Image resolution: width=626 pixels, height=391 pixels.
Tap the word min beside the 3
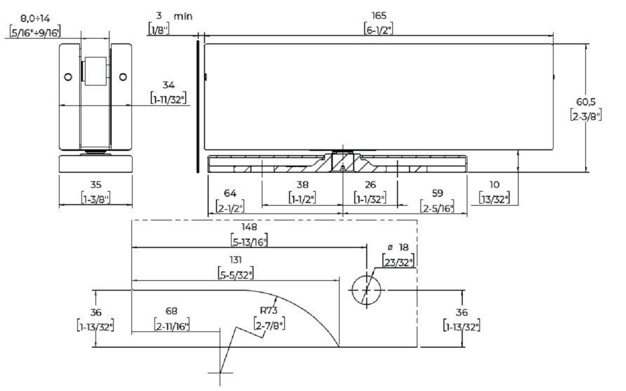pyautogui.click(x=183, y=16)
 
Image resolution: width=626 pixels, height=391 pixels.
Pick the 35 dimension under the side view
pyautogui.click(x=95, y=185)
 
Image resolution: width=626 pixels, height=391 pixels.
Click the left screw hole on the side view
pyautogui.click(x=67, y=77)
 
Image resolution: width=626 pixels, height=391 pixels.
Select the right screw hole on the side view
pyautogui.click(x=123, y=77)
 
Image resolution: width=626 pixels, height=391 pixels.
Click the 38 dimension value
pyautogui.click(x=303, y=185)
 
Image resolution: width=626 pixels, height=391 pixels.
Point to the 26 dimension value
pyautogui.click(x=370, y=185)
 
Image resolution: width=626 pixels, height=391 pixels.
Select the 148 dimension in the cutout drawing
pyautogui.click(x=249, y=228)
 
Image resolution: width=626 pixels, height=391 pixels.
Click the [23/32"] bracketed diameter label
pyautogui.click(x=398, y=261)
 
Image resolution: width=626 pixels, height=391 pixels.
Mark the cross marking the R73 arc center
pyautogui.click(x=220, y=372)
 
